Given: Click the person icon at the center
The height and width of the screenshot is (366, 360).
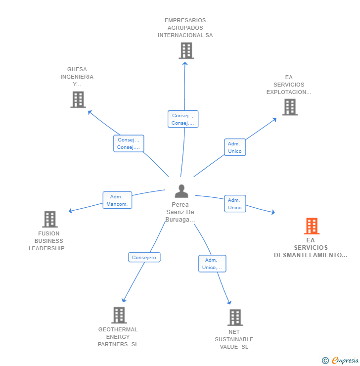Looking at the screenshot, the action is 181,191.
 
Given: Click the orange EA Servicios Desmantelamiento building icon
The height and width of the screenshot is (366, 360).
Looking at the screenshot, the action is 311,226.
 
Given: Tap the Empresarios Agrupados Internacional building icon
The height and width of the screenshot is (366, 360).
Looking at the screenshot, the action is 186,50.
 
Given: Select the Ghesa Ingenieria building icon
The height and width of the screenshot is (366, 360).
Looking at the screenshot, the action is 78,99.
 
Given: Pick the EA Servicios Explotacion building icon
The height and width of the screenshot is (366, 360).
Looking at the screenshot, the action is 290,107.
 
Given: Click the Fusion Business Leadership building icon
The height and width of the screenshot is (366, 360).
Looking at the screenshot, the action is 49,219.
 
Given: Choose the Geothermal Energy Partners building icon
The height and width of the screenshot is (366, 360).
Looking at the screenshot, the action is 119,315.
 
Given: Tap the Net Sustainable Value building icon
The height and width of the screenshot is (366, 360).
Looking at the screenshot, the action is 235,318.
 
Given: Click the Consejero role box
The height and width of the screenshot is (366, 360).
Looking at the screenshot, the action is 144,257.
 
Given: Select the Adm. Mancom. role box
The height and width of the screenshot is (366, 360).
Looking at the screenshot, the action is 117,200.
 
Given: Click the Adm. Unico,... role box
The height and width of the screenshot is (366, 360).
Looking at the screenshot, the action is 212,264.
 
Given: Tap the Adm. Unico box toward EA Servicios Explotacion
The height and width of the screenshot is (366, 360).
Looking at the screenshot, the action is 235,147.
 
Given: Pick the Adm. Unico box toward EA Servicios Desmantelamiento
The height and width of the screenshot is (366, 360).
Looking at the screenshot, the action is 235,203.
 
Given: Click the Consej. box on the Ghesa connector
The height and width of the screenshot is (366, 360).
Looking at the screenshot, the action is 129,143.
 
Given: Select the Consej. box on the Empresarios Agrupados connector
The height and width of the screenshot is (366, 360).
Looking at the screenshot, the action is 183,119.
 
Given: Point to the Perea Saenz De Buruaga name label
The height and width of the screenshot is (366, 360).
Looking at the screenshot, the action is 180,212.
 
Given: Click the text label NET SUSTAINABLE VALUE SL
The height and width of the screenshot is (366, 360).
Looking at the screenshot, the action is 234,339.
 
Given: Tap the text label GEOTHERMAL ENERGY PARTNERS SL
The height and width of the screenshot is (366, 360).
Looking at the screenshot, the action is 118,337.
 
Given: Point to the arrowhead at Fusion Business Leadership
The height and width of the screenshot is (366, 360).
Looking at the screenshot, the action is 71,211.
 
